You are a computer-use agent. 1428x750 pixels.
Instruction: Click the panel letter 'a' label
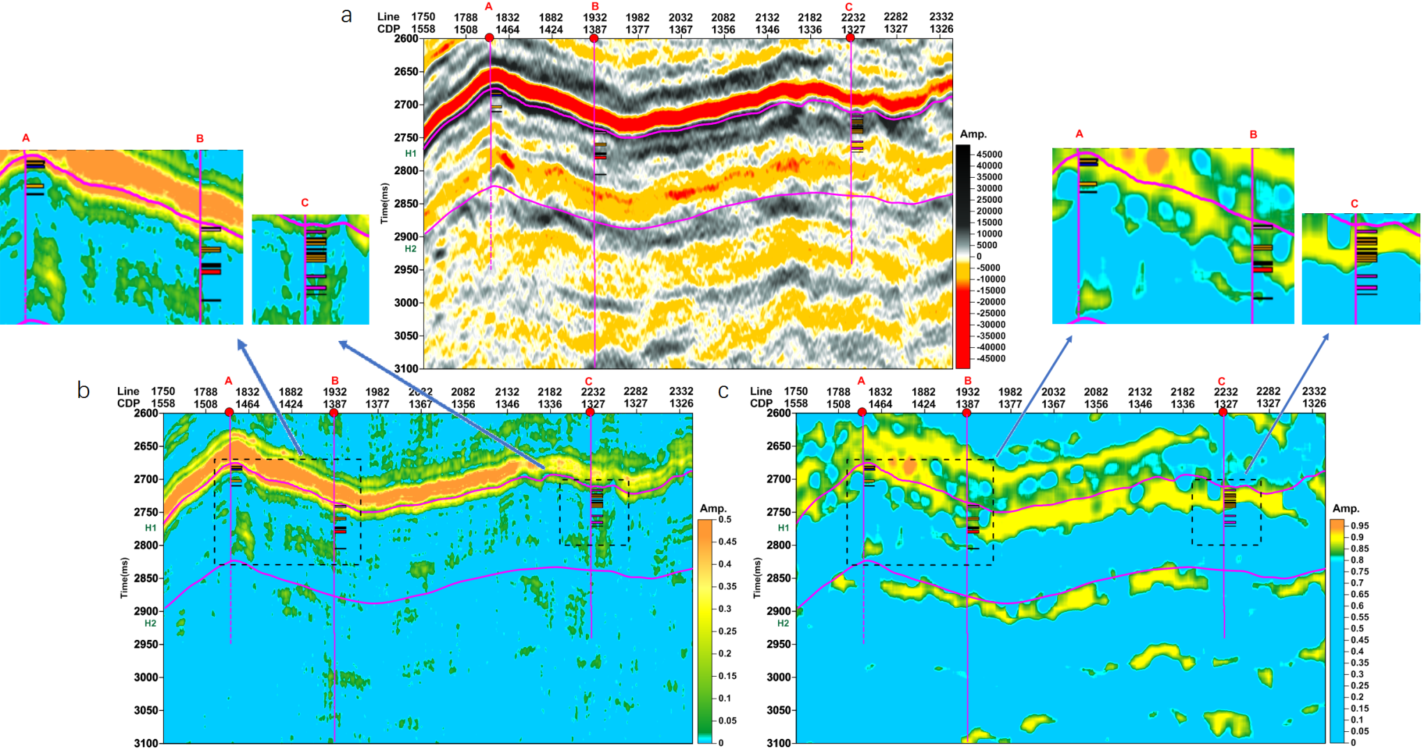[346, 15]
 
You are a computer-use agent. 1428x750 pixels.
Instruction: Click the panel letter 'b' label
[83, 390]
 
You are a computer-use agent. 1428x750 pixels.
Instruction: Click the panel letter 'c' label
[723, 391]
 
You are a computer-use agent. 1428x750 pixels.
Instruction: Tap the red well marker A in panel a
[489, 38]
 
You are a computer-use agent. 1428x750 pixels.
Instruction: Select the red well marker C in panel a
[850, 38]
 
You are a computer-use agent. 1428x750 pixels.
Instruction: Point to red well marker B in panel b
[334, 413]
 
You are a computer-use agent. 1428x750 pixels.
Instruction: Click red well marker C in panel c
[1222, 413]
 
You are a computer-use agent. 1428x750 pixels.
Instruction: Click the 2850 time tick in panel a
[407, 204]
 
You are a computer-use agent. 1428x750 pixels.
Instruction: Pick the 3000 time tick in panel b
[146, 677]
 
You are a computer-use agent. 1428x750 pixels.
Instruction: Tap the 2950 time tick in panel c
[779, 644]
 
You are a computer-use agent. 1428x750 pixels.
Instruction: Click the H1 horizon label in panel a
[411, 153]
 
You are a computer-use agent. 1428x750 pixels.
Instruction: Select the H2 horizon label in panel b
[151, 623]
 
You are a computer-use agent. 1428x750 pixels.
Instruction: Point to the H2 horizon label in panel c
[783, 623]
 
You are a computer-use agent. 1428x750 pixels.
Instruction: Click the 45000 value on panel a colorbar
[989, 154]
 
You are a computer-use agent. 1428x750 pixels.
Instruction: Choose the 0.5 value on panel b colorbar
[725, 519]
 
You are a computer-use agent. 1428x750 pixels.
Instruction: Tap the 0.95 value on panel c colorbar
[1360, 526]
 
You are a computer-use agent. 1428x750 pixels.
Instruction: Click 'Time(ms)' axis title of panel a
[384, 204]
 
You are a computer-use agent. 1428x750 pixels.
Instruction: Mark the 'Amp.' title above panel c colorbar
[1346, 508]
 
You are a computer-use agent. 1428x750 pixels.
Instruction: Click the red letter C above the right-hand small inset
[1354, 204]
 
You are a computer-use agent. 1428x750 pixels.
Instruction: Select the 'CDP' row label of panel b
[128, 404]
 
